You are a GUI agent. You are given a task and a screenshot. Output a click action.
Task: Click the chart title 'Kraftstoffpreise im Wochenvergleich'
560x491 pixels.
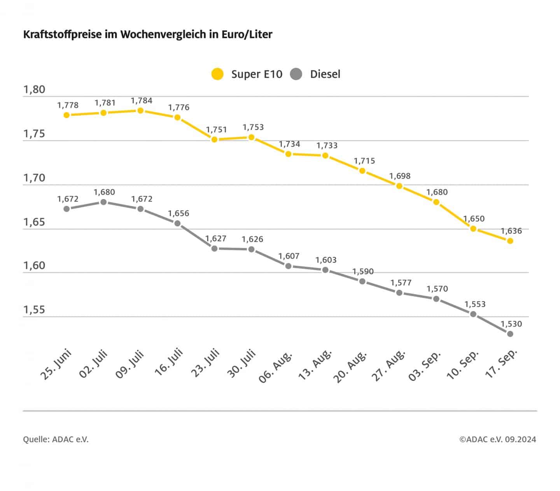point(148,34)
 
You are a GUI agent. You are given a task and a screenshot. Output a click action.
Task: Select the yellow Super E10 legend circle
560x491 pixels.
point(217,74)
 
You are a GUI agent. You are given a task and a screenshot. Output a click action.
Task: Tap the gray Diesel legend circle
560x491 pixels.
point(296,74)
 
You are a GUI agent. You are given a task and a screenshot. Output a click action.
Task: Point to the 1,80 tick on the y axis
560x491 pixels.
point(34,90)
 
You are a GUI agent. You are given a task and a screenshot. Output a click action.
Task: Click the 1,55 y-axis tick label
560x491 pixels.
point(34,310)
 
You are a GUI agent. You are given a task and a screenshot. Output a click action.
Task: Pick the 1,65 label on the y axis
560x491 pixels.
point(34,222)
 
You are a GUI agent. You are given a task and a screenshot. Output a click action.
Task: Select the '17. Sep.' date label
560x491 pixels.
point(502,364)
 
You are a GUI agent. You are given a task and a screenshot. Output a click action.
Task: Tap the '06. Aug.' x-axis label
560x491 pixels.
point(276,367)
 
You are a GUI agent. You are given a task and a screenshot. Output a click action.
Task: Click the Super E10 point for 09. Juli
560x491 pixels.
point(140,111)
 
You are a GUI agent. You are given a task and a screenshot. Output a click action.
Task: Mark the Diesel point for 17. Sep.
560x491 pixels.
point(510,334)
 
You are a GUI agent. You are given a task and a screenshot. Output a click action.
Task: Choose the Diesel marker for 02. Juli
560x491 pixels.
point(103,202)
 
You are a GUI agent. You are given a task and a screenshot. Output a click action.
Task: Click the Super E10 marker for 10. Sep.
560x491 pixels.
point(473,229)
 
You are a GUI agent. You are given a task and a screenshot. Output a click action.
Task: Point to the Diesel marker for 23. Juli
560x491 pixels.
point(214,248)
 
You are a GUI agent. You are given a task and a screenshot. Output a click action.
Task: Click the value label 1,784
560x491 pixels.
point(142,101)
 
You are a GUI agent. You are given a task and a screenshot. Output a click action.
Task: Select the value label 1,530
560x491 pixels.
point(511,324)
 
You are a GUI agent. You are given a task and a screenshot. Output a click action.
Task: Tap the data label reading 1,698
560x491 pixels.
point(400,176)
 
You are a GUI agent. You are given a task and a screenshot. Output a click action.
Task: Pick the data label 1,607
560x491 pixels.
point(289,256)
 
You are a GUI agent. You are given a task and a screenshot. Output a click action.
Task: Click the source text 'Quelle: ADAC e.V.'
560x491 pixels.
point(56,440)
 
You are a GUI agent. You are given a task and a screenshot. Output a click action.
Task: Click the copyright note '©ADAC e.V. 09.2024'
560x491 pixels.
point(497,440)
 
